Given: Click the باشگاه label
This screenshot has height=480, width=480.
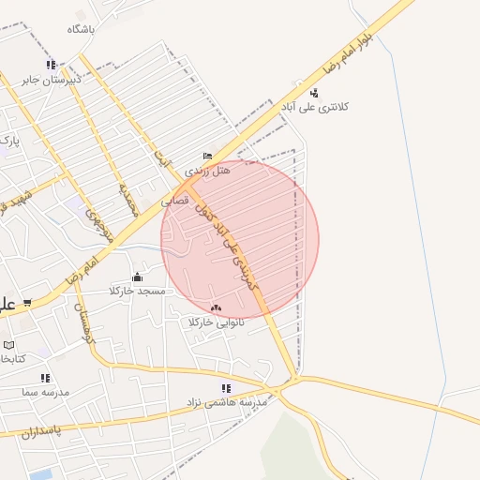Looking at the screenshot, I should tap(82, 29).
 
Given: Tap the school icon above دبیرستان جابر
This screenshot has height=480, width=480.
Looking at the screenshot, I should tap(52, 65).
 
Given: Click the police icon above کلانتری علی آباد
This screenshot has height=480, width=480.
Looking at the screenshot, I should tap(314, 93).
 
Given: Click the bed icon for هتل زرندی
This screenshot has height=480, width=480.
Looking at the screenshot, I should tap(207, 157).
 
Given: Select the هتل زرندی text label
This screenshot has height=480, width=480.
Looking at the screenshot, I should tap(207, 172).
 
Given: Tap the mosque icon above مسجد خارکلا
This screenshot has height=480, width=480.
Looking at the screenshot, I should tap(138, 277).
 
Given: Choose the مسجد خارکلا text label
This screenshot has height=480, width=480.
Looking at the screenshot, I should tap(139, 292).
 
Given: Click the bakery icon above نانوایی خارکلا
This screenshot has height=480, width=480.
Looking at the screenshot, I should tap(217, 307).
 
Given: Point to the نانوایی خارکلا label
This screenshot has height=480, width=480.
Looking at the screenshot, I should tap(217, 322).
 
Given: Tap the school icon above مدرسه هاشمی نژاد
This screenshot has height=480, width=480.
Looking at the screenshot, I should tap(226, 388).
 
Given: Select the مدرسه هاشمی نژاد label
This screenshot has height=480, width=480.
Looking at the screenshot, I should tap(228, 402).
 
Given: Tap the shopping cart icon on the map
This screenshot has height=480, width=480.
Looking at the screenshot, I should tap(27, 302).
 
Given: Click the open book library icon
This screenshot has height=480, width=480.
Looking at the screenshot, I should tap(9, 344).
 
